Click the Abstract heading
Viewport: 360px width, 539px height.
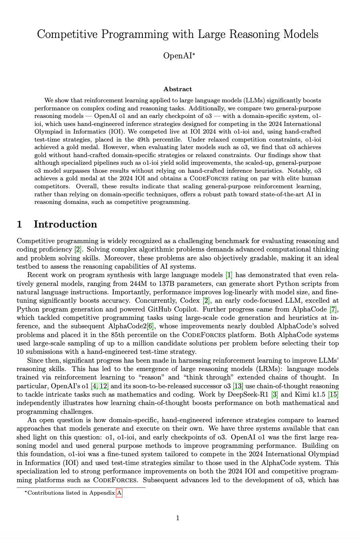(178, 89)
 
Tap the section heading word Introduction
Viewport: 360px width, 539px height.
(65, 224)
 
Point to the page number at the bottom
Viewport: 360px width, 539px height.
(178, 518)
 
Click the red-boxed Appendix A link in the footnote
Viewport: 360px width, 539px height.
(119, 493)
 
